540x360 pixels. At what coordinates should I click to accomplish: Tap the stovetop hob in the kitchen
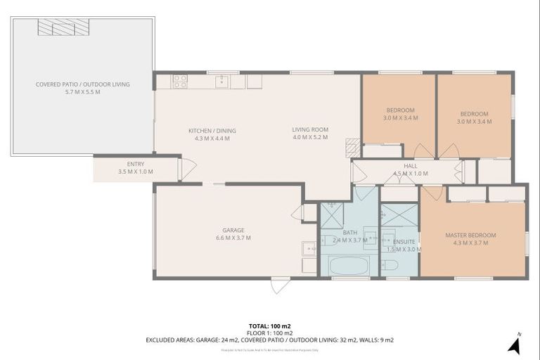pyautogui.click(x=180, y=81)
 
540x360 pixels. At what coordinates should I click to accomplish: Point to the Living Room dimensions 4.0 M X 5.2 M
pyautogui.click(x=310, y=138)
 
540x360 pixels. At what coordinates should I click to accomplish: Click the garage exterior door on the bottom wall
pyautogui.click(x=280, y=285)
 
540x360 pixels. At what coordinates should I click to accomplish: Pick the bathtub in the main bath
pyautogui.click(x=349, y=266)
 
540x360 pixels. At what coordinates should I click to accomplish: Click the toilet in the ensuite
pyautogui.click(x=390, y=266)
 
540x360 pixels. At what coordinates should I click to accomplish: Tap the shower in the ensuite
pyautogui.click(x=399, y=214)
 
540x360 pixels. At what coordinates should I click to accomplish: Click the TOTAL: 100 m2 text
pyautogui.click(x=269, y=326)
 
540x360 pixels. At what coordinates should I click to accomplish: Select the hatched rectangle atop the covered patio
pyautogui.click(x=64, y=27)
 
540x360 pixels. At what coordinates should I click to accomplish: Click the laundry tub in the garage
pyautogui.click(x=309, y=248)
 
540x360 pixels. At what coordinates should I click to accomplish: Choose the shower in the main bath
pyautogui.click(x=331, y=214)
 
